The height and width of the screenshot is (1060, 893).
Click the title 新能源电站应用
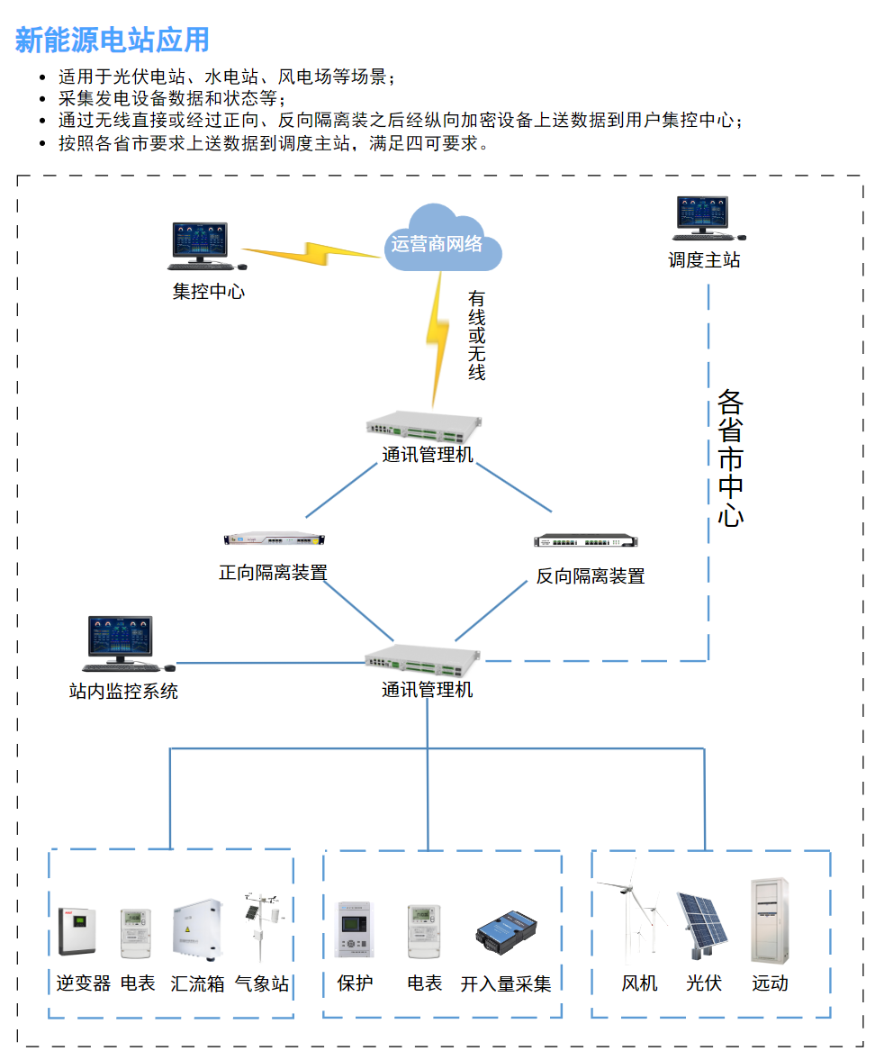click(113, 41)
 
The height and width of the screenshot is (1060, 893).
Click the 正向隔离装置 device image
click(274, 539)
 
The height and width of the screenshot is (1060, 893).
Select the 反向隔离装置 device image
click(586, 541)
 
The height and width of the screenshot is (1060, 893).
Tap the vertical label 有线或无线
click(476, 335)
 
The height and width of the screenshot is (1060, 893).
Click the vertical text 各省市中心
click(730, 458)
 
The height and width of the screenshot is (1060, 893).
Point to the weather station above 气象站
click(260, 928)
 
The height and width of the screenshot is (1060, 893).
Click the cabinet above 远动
click(770, 920)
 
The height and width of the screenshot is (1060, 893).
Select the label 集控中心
click(208, 292)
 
